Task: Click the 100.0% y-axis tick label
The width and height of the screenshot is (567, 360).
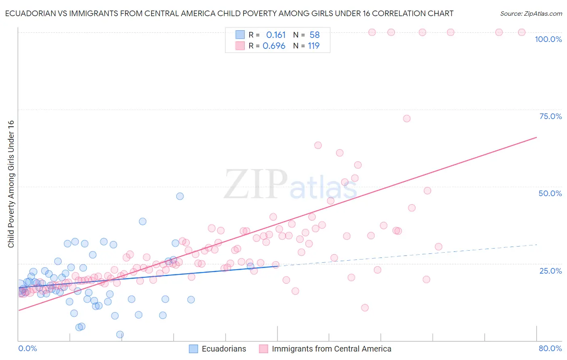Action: click(x=548, y=39)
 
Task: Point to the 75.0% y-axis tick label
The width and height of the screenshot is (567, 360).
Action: click(x=550, y=116)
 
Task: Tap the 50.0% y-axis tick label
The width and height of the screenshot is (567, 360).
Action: click(x=550, y=193)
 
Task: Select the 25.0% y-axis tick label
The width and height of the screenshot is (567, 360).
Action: click(x=550, y=271)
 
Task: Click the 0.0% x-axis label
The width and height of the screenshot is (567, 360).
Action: click(x=27, y=348)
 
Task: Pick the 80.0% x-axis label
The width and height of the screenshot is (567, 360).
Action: click(x=550, y=348)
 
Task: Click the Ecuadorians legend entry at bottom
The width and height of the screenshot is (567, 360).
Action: click(x=218, y=349)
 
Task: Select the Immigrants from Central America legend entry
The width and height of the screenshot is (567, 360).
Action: click(x=325, y=349)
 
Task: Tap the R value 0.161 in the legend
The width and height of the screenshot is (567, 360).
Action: click(x=276, y=35)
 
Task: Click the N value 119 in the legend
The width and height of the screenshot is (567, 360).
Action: click(x=314, y=46)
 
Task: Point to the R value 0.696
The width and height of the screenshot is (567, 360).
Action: click(x=274, y=46)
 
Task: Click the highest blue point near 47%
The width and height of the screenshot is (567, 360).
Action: click(x=180, y=196)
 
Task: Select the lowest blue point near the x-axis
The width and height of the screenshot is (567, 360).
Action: click(x=120, y=335)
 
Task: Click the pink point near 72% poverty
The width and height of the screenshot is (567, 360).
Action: click(x=406, y=119)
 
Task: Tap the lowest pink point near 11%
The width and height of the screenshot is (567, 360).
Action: click(x=365, y=308)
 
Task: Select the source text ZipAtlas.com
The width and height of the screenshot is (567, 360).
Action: click(x=531, y=14)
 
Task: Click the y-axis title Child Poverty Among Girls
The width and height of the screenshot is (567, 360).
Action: click(x=11, y=184)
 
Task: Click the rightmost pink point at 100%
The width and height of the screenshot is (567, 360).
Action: click(x=521, y=32)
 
